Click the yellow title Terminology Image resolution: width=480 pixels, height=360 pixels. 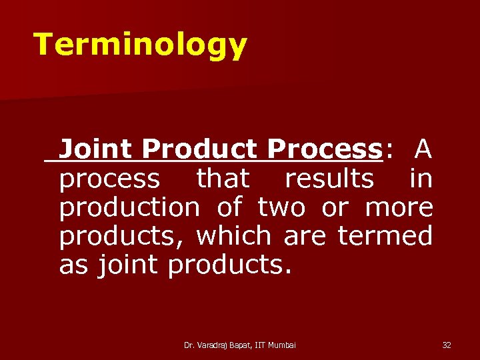[140, 45]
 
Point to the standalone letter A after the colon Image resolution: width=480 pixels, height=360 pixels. [423, 149]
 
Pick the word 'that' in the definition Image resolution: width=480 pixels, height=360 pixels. [222, 179]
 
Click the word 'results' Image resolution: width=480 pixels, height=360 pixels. [329, 179]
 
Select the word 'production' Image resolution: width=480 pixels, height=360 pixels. [129, 207]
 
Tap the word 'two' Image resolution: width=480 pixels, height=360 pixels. [282, 207]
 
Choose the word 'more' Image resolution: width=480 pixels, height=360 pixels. [399, 207]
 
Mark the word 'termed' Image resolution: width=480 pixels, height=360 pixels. [385, 236]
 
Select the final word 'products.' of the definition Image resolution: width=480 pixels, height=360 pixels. [229, 265]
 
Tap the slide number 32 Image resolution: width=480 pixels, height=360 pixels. [447, 345]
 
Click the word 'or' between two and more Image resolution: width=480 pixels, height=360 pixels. [334, 207]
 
